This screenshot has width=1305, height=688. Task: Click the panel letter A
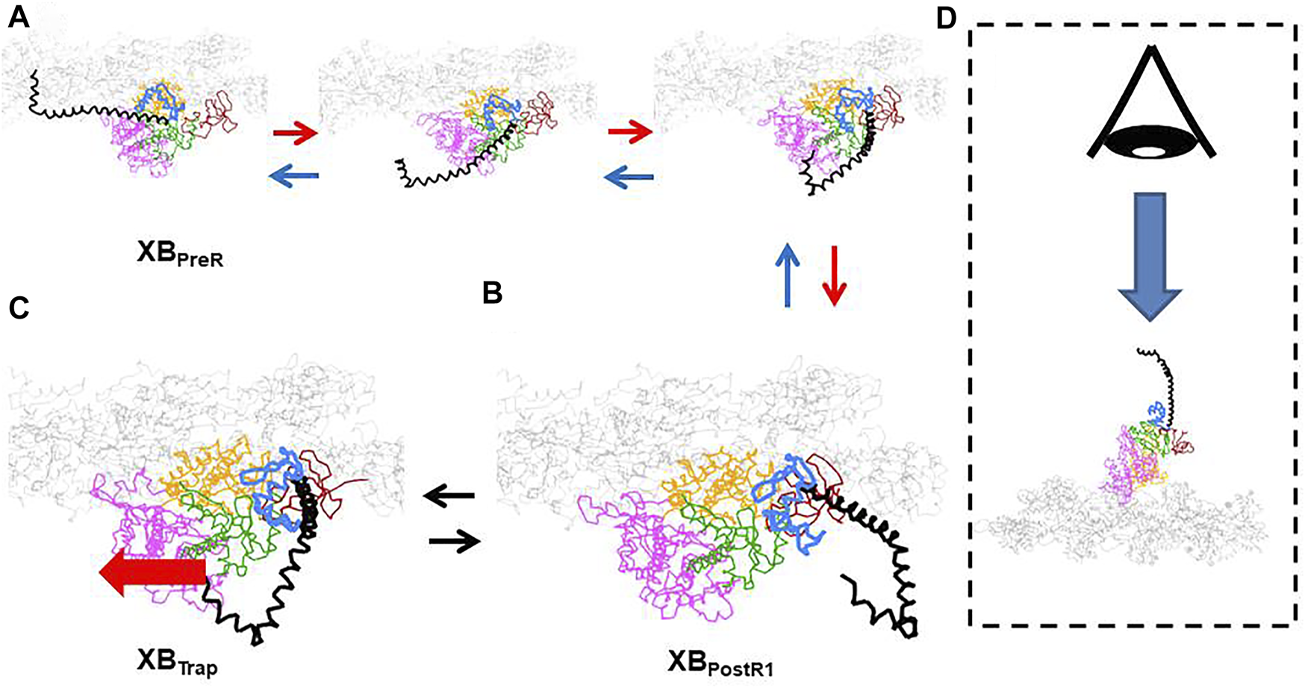click(19, 16)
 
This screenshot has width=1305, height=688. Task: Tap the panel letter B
click(492, 293)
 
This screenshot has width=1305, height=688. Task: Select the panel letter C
click(19, 307)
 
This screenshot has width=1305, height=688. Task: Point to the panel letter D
click(946, 18)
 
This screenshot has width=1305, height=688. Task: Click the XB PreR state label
click(180, 254)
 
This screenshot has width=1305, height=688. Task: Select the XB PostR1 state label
click(720, 663)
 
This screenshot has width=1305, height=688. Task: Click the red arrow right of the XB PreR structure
click(295, 134)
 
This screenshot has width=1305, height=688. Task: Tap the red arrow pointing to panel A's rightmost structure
click(630, 133)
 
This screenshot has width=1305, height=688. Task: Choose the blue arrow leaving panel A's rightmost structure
click(629, 177)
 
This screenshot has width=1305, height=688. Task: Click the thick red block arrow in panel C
click(152, 572)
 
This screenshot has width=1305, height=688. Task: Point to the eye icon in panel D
click(1150, 104)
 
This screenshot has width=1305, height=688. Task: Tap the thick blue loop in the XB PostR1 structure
click(788, 507)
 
